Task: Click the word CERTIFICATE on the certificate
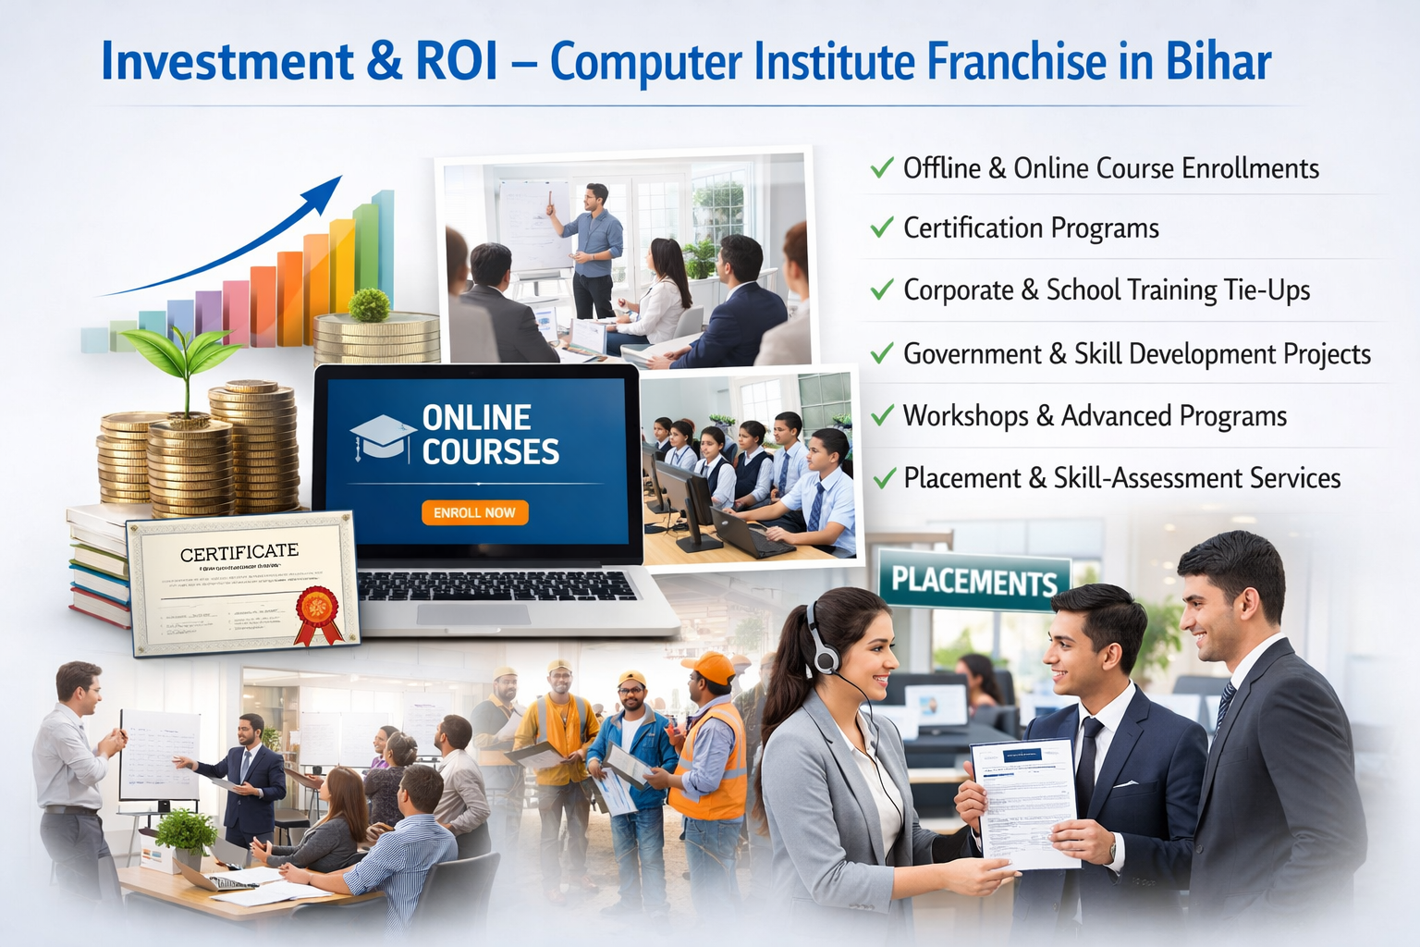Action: (x=239, y=553)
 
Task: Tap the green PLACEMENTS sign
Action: (x=973, y=581)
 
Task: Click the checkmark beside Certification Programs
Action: (x=882, y=228)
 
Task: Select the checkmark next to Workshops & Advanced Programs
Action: (x=883, y=415)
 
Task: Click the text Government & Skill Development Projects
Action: (x=1136, y=354)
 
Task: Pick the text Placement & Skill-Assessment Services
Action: (x=1121, y=478)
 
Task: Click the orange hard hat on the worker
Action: (x=708, y=667)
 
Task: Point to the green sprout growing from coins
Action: (x=185, y=356)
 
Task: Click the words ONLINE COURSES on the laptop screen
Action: (x=490, y=435)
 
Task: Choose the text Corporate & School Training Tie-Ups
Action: (x=1106, y=290)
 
